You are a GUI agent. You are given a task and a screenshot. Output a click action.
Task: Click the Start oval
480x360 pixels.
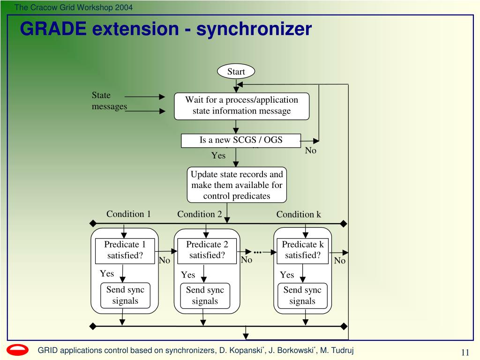[x=236, y=72]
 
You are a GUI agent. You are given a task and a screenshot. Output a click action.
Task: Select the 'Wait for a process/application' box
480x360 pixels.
[x=241, y=106]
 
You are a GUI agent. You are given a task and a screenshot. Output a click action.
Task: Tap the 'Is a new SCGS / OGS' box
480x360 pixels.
[x=241, y=141]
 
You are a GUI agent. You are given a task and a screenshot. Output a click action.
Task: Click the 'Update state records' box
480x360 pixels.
[x=237, y=185]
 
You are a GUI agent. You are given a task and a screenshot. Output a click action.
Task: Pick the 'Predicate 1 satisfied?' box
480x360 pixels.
[x=125, y=251]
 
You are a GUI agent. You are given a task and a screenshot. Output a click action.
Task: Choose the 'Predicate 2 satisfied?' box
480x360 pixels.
[x=207, y=251]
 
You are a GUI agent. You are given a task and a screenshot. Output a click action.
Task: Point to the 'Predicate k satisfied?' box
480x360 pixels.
[x=302, y=251]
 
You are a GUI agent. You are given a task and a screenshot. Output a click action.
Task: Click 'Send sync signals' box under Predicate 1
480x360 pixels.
[x=125, y=295]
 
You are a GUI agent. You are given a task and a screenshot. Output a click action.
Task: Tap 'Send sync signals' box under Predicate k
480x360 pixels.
[x=302, y=296]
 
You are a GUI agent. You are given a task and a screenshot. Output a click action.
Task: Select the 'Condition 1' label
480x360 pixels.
[x=128, y=214]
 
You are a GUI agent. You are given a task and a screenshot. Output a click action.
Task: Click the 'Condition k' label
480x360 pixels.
[x=299, y=214]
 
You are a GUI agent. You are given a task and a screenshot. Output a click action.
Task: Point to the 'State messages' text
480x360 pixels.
[x=109, y=101]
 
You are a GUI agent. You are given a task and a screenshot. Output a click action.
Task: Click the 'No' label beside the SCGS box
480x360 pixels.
[x=310, y=150]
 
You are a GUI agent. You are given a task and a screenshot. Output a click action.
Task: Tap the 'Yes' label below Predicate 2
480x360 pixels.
[x=187, y=275]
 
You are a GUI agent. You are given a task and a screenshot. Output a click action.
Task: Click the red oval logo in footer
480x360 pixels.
[x=17, y=350]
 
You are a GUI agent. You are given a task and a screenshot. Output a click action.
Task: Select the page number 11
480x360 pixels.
[x=465, y=352]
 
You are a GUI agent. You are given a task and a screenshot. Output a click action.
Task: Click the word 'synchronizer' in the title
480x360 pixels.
[x=254, y=29]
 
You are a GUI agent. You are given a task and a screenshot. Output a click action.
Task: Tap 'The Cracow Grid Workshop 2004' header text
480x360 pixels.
[x=74, y=7]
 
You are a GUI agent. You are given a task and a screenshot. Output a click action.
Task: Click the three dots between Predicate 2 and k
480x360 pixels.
[x=258, y=252]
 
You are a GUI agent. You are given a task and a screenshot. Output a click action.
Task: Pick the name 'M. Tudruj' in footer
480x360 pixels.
[x=337, y=350]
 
